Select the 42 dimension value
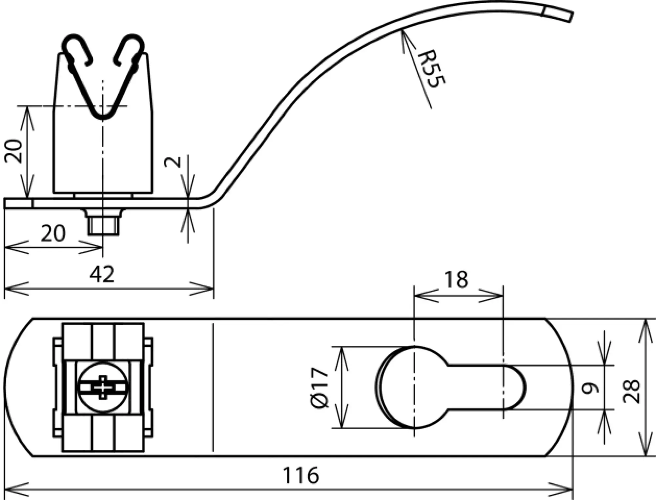tap(102, 275)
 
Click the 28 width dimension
tap(632, 391)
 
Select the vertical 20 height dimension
tap(14, 151)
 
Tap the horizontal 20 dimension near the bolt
tap(52, 234)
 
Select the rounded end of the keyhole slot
tap(517, 388)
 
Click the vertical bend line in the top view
tap(213, 388)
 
